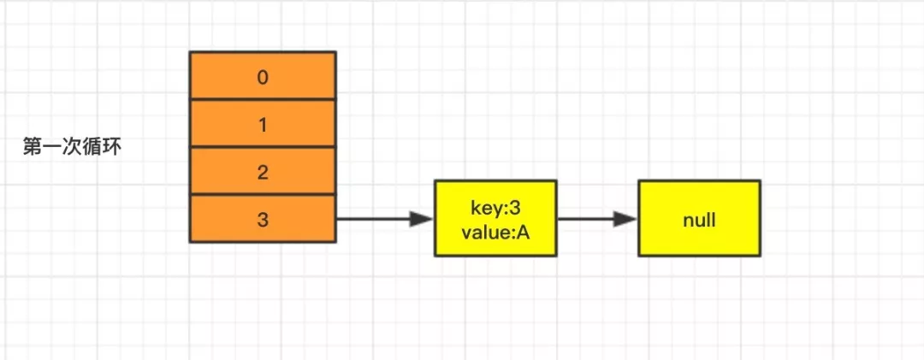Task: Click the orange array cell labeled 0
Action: tap(263, 76)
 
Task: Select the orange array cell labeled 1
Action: tap(263, 124)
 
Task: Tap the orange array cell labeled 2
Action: tap(263, 172)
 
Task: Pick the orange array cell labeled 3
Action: tap(263, 219)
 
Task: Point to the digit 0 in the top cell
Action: tap(263, 77)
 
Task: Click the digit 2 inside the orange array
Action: tap(263, 173)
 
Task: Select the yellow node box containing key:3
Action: tap(495, 219)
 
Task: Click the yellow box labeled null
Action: tap(700, 219)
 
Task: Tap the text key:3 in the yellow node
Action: tap(495, 209)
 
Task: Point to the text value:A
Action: tap(495, 232)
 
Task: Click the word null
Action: tap(700, 221)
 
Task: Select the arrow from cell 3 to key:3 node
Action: tap(385, 219)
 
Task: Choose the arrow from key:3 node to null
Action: tap(597, 219)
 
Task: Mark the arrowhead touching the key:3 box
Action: tap(423, 219)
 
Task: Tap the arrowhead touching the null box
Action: tap(625, 219)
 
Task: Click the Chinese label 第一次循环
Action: tap(73, 147)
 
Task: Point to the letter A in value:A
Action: tap(524, 232)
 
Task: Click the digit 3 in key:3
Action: tap(516, 209)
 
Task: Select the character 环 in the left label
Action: tap(112, 147)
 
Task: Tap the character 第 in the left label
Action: tap(33, 147)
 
